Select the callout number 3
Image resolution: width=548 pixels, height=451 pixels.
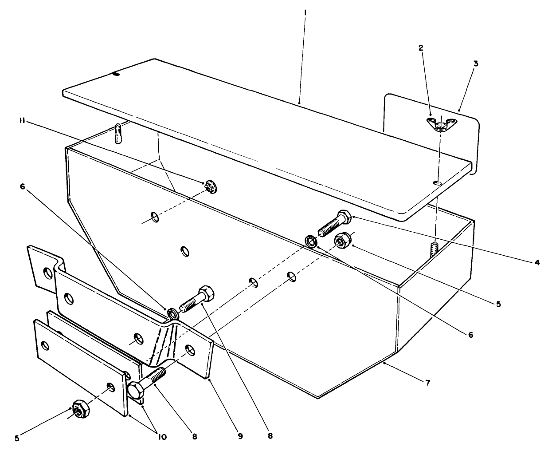[475, 63]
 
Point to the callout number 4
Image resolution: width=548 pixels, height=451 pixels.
[537, 262]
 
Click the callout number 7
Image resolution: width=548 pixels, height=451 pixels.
[427, 382]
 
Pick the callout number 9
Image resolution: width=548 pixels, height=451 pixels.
[240, 436]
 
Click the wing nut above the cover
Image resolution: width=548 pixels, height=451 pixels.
[438, 124]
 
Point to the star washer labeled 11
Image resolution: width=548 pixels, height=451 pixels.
[210, 187]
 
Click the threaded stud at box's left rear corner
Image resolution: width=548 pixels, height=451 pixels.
[117, 134]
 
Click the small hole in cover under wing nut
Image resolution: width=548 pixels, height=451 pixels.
[437, 182]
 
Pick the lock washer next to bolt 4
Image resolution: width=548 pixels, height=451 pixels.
[311, 241]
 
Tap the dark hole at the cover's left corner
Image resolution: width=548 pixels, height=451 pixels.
[116, 75]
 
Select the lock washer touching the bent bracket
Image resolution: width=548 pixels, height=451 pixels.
[173, 313]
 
